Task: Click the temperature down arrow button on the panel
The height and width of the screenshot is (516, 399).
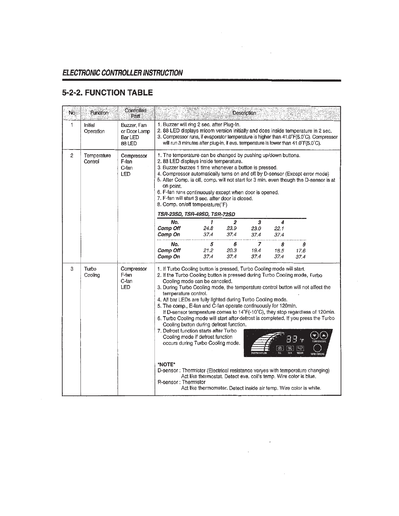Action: pos(314,335)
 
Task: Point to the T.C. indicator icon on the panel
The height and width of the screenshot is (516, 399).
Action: pos(280,348)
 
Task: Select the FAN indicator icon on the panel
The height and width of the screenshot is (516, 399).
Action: pos(290,348)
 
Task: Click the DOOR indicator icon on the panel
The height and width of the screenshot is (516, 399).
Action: pos(300,348)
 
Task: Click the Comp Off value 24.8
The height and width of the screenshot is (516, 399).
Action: pos(208,228)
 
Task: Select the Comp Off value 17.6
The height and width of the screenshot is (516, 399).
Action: pos(301,251)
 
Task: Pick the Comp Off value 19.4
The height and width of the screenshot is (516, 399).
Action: pos(256,251)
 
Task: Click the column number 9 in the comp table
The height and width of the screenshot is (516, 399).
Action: pos(304,244)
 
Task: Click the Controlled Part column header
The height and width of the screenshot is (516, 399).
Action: pos(136,113)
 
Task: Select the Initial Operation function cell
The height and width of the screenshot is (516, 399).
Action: pos(94,128)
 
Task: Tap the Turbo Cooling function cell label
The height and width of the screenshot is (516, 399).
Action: pos(92,272)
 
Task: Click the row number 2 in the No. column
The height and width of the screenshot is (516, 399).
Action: pos(72,155)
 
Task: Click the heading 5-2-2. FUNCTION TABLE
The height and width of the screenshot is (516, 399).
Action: pos(108,93)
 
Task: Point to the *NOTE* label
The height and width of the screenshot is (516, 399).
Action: pos(167,364)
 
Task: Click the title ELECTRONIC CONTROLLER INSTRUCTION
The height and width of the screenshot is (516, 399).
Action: pos(123,73)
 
